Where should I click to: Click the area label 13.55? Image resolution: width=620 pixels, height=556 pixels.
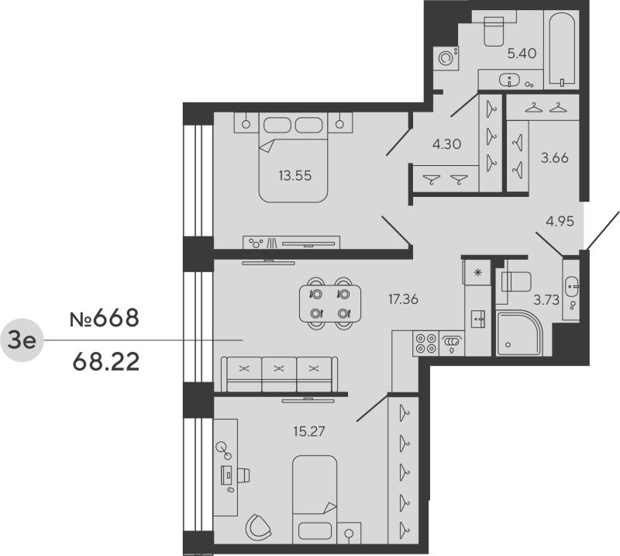point(294,174)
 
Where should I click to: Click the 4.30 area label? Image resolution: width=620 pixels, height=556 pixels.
point(446,143)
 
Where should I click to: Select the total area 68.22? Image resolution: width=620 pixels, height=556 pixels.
point(105,361)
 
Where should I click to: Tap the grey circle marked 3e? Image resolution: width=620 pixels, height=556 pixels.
point(22,340)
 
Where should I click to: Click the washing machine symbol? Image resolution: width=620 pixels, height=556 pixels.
point(447,57)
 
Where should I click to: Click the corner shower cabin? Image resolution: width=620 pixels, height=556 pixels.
point(519,333)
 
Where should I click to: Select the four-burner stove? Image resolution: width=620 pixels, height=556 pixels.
point(425,342)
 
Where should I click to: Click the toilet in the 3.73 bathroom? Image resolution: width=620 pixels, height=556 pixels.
point(514,281)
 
